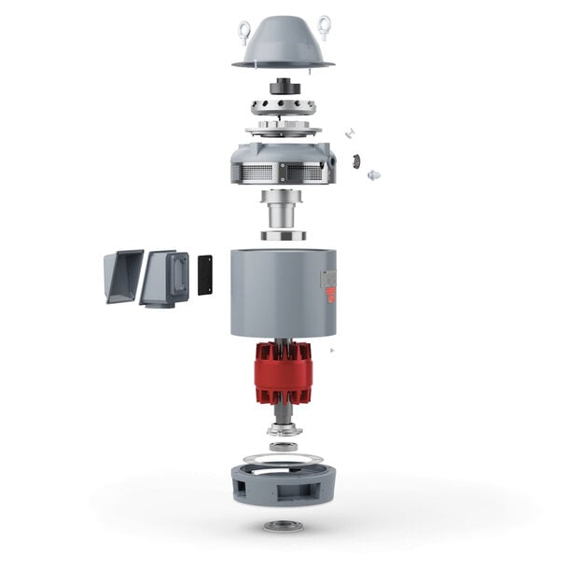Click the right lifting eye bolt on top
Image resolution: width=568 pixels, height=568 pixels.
pyautogui.click(x=325, y=27)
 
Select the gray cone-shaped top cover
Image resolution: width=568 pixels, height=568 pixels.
pyautogui.click(x=284, y=47)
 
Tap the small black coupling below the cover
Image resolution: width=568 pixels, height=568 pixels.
pyautogui.click(x=284, y=87)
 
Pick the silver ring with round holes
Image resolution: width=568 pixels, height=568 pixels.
pyautogui.click(x=284, y=104)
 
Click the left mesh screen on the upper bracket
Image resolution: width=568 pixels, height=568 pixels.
pyautogui.click(x=257, y=173)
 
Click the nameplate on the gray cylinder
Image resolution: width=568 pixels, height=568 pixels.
pyautogui.click(x=327, y=280)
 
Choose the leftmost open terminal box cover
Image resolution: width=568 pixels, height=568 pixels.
pyautogui.click(x=122, y=274)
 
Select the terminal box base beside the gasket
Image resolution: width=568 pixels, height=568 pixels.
pyautogui.click(x=164, y=276)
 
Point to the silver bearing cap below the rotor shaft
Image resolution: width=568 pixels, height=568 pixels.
pyautogui.click(x=283, y=430)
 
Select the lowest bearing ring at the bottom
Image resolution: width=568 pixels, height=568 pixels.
pyautogui.click(x=283, y=526)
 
